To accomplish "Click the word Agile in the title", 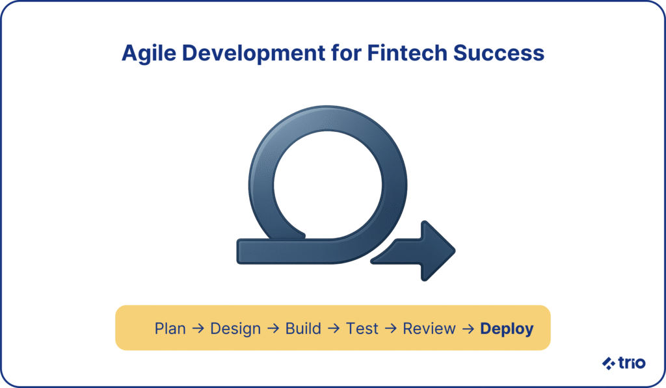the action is pos(149,54).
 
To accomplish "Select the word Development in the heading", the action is pos(253,54).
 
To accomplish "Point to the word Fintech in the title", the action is pos(407,53).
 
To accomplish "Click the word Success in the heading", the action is pos(499,53).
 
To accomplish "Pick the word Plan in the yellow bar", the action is pos(170,329).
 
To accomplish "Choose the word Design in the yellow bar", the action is pos(235,330).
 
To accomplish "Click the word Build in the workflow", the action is pos(303,329).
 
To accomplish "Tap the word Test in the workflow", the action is pos(362,329).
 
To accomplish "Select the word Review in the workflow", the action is pos(429,329).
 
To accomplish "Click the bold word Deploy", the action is pos(507,330).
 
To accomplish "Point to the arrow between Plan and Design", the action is pos(198,328).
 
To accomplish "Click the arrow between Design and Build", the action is pos(273,328).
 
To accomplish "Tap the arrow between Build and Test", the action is pos(334,328).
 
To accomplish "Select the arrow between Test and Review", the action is pos(390,328).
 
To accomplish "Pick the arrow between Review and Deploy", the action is pos(468,328).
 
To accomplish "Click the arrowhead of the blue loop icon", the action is pos(438,251).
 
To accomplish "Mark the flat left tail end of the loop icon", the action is pos(238,252).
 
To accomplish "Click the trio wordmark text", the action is pos(632,363).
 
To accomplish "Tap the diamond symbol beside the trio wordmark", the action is pos(609,363).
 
